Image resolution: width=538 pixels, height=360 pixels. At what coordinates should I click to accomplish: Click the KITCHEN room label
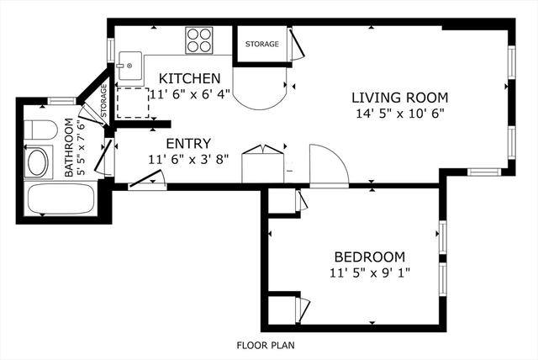189,78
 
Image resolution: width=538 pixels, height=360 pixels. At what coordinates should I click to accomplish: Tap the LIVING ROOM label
400,98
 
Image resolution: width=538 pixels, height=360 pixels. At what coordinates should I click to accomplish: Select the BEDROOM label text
370,257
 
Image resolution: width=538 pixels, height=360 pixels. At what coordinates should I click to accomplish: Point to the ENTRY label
188,144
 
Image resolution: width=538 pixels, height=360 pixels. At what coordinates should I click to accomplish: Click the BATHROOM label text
69,147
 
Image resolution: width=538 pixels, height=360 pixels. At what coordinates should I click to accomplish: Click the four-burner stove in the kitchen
198,40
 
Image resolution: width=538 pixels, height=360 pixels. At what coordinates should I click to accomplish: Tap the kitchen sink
130,66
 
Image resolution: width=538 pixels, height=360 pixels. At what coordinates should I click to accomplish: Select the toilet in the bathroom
40,130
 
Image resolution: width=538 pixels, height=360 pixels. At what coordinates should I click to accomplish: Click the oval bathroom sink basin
38,162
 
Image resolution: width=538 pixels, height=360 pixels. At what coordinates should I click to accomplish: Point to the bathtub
61,199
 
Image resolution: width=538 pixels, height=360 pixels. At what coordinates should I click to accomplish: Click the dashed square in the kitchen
133,103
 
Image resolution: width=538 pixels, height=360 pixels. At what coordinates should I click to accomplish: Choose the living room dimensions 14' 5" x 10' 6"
400,114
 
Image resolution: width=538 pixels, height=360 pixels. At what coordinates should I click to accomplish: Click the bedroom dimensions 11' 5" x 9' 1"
370,273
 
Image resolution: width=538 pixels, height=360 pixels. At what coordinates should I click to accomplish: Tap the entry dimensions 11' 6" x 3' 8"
188,160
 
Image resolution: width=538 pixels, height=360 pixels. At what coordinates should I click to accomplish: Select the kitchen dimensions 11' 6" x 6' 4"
189,94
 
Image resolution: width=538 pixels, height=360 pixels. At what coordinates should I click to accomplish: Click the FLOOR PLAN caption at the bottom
266,345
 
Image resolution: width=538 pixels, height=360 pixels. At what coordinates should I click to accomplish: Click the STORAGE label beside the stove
261,44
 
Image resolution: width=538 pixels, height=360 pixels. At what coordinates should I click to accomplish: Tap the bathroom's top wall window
61,101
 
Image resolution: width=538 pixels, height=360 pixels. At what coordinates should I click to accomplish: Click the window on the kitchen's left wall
111,50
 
